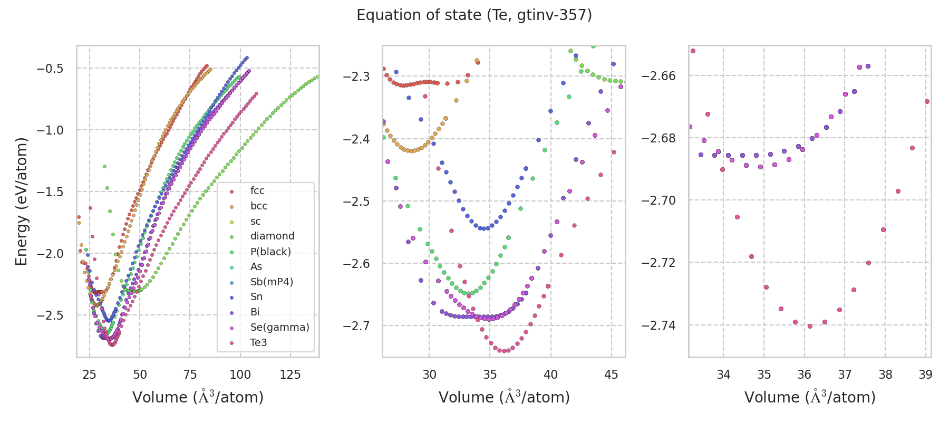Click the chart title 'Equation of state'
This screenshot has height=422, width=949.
[x=474, y=15]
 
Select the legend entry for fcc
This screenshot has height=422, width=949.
[x=257, y=191]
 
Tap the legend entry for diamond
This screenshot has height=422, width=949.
[x=272, y=236]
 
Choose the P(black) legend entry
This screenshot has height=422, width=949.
[x=270, y=252]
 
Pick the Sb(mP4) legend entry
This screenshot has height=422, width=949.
[x=272, y=282]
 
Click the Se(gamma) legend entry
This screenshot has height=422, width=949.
[x=279, y=327]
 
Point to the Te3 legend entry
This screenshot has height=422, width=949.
[x=258, y=342]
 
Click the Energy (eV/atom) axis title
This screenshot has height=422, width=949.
[x=22, y=202]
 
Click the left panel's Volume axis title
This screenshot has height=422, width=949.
[x=198, y=397]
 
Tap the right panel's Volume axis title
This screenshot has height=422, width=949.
[x=810, y=397]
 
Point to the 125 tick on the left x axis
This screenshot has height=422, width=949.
[x=290, y=375]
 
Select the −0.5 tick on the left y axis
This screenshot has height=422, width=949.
[x=50, y=69]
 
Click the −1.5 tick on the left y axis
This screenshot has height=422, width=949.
[x=50, y=192]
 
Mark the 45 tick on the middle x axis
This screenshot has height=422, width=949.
[x=611, y=375]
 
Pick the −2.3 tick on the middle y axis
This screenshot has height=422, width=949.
[x=356, y=77]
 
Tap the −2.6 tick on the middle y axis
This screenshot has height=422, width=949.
[x=356, y=264]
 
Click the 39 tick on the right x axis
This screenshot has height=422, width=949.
[x=925, y=375]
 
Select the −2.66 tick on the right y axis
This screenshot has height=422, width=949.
[x=659, y=76]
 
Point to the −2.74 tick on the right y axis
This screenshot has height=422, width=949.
[x=659, y=325]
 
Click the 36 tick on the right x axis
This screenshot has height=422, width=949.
[x=804, y=375]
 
